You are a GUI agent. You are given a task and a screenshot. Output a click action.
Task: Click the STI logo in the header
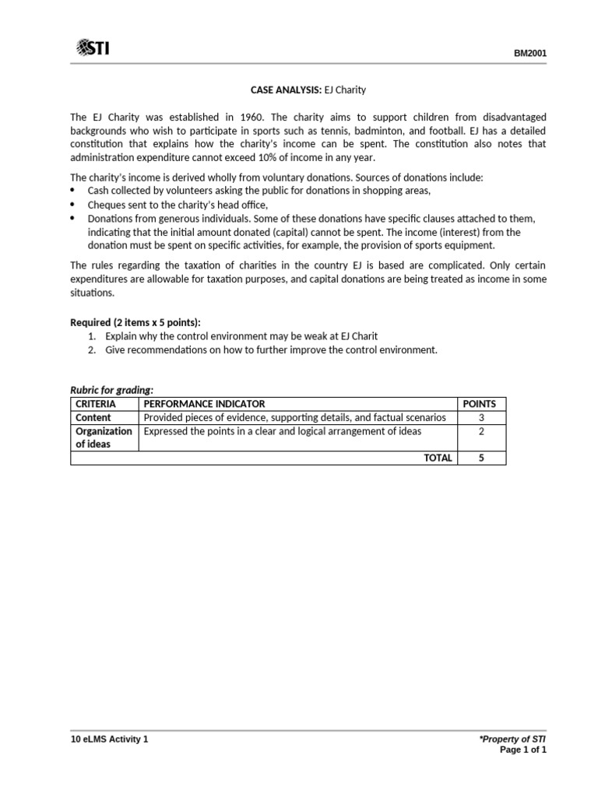93,49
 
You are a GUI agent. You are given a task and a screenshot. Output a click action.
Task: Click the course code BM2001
529,54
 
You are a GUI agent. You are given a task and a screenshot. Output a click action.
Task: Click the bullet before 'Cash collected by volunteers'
74,191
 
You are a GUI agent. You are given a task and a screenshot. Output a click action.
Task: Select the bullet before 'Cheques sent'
74,205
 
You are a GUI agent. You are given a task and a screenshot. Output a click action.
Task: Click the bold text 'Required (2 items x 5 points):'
135,322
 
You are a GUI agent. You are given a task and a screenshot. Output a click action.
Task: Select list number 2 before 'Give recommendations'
92,349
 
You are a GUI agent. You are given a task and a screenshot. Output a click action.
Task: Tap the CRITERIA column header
95,404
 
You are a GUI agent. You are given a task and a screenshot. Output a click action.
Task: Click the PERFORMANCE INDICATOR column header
204,404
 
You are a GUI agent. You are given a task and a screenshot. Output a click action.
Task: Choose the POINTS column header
480,404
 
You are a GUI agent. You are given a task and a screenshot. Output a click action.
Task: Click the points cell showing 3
480,418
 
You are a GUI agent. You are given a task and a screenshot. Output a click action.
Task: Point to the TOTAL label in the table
437,458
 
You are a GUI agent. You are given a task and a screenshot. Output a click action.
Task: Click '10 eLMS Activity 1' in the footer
109,739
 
